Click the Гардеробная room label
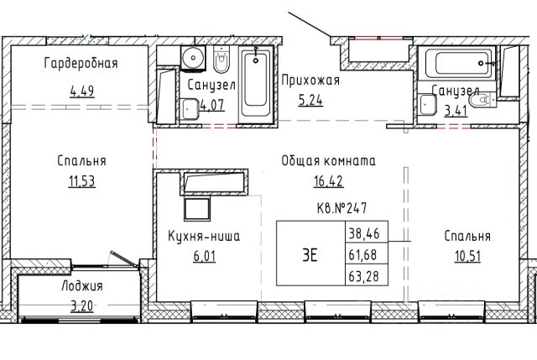(x=81, y=64)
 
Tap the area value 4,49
(x=82, y=91)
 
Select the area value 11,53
(x=82, y=181)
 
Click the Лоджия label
(x=82, y=285)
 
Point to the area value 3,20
(x=82, y=305)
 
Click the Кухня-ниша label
(x=204, y=237)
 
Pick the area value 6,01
(x=205, y=256)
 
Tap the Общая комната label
(x=328, y=160)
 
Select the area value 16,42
(x=328, y=181)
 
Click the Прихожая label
(x=310, y=81)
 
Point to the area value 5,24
(x=310, y=101)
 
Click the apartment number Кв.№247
(x=341, y=208)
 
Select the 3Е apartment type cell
(x=310, y=253)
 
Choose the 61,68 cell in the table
(x=367, y=253)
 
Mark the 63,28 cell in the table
(x=367, y=274)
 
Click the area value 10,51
(x=468, y=256)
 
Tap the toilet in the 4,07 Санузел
(x=221, y=60)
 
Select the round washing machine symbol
(x=193, y=58)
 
